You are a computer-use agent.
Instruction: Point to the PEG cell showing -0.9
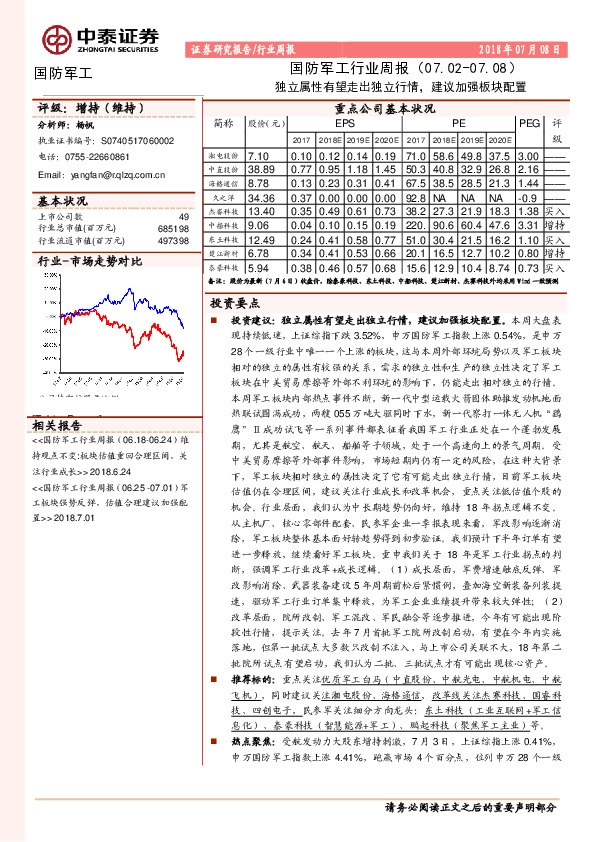point(529,198)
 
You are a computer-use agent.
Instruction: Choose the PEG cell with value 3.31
point(529,226)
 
